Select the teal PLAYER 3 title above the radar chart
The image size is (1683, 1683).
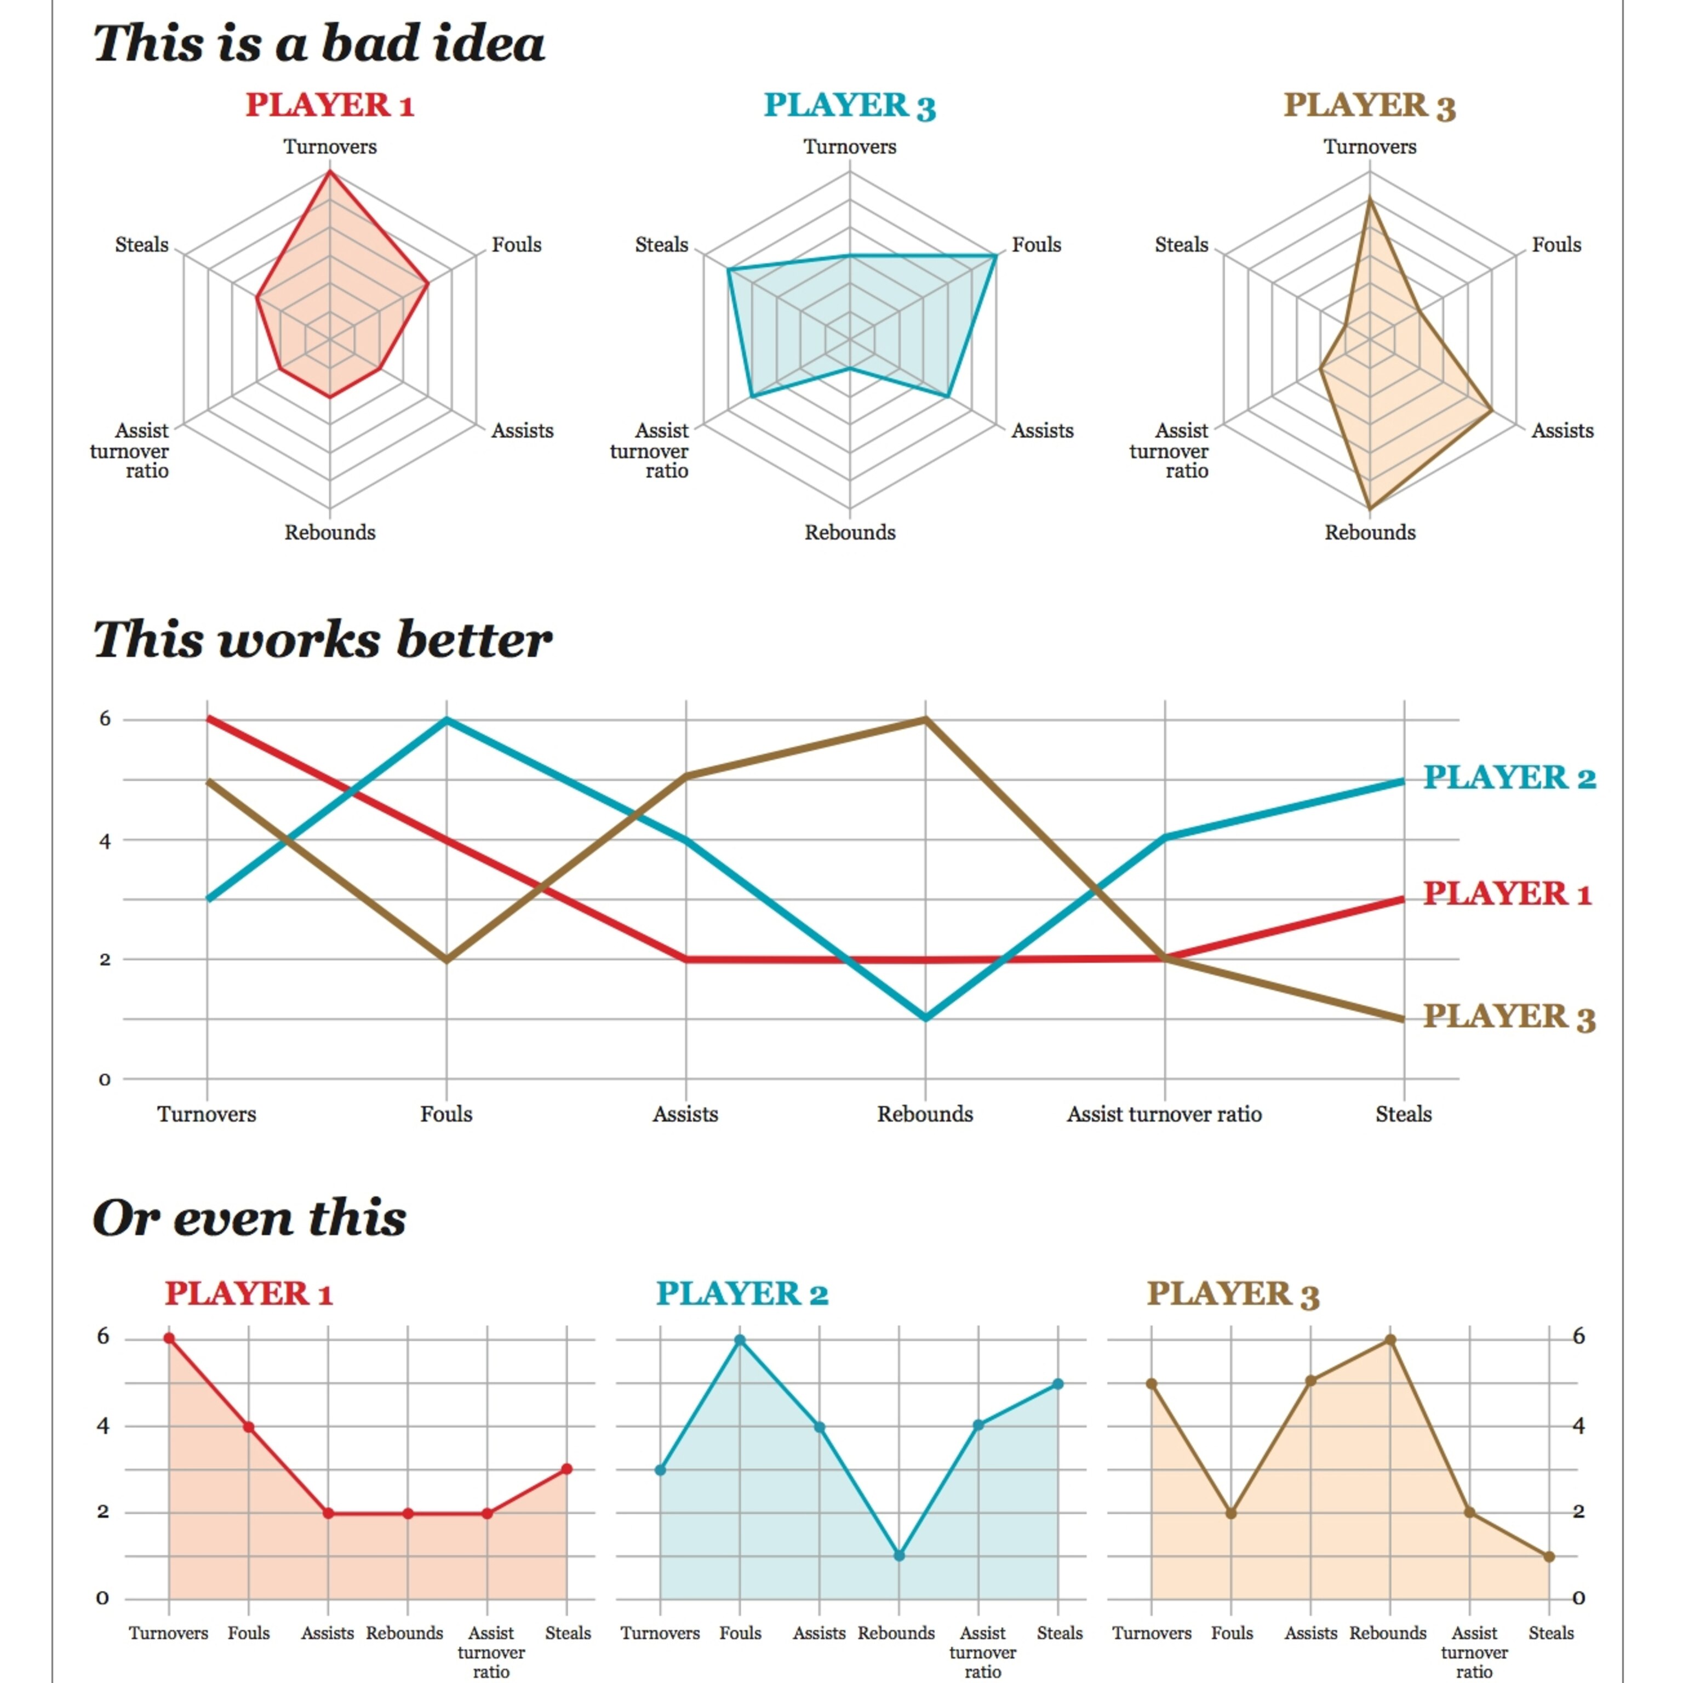pos(849,105)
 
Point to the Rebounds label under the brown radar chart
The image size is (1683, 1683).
pos(1370,533)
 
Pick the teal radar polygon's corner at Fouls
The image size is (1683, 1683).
pos(995,255)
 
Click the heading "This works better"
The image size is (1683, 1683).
pos(322,639)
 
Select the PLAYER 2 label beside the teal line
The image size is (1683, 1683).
pos(1509,777)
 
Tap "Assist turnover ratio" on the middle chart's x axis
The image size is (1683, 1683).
pos(1164,1114)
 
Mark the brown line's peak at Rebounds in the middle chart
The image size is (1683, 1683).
pos(925,719)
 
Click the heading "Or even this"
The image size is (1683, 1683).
pos(249,1218)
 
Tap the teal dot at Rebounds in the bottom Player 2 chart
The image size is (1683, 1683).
pos(899,1555)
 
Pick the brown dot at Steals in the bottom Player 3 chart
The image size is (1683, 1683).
pos(1549,1556)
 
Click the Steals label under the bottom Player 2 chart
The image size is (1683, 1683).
pos(1060,1633)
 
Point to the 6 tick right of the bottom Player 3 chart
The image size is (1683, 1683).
pos(1578,1336)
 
